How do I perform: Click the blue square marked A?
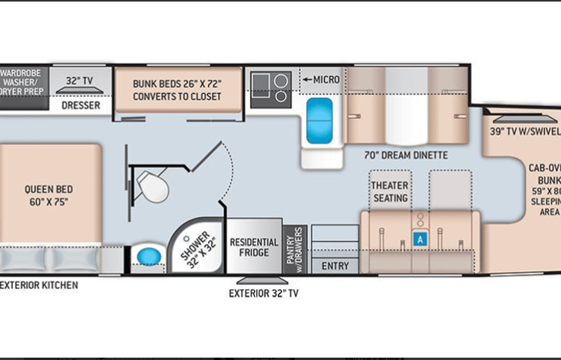tap(419, 239)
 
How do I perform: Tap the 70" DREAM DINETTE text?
tap(406, 155)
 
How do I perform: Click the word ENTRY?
tap(335, 266)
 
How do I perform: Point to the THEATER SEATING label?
tap(390, 192)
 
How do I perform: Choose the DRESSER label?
tap(81, 105)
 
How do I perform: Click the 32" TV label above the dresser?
tap(81, 80)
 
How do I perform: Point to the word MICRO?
tap(326, 79)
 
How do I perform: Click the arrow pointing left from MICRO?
tap(306, 79)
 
